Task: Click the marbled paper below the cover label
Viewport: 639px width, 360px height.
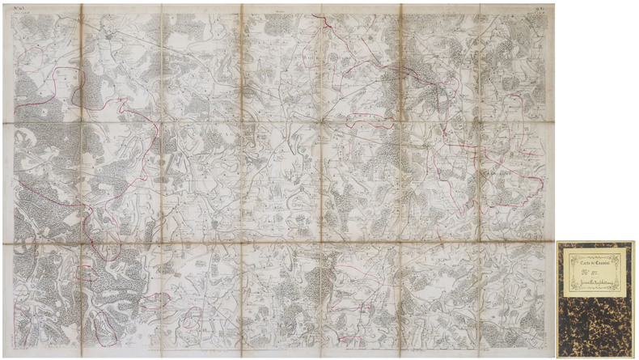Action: [597, 328]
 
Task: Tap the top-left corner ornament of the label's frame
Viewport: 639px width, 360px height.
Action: [565, 252]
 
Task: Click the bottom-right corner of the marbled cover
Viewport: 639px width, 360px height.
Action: [634, 357]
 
